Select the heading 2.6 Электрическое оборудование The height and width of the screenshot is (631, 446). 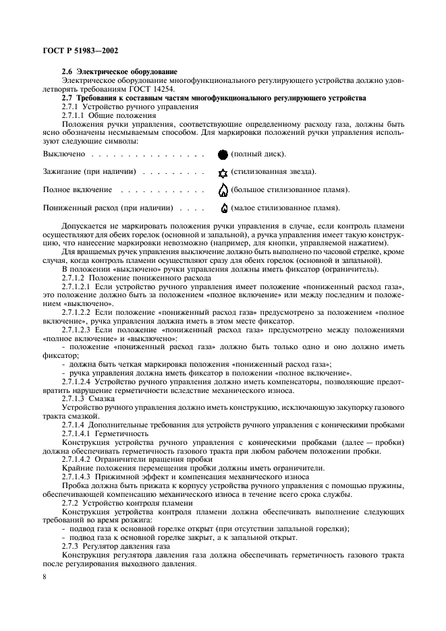coord(119,71)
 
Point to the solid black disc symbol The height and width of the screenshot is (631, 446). coord(223,154)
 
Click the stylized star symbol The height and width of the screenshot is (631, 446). coord(223,172)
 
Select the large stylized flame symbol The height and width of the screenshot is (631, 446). coord(223,189)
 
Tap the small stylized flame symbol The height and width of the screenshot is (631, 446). coord(224,208)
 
